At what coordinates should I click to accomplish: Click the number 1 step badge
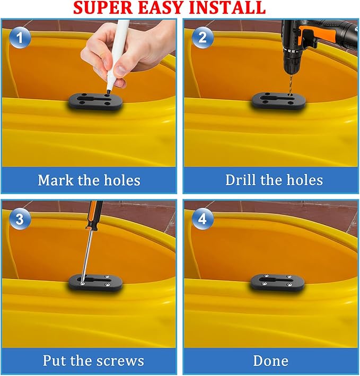(20, 38)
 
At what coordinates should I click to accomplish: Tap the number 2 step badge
(203, 38)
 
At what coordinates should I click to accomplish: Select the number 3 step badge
(20, 219)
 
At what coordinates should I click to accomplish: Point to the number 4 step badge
(203, 219)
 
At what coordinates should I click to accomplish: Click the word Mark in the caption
(56, 180)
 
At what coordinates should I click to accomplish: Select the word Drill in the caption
(240, 180)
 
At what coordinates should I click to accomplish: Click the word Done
(271, 361)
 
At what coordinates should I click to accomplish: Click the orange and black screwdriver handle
(94, 215)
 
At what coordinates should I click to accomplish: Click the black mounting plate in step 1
(95, 102)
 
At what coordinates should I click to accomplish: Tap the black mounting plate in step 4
(277, 283)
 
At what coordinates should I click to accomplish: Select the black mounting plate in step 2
(278, 101)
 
